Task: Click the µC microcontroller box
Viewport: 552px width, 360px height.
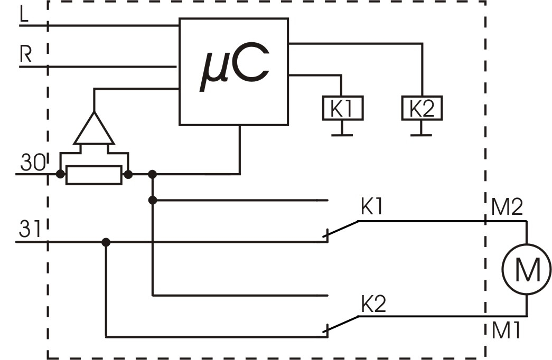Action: [x=233, y=71]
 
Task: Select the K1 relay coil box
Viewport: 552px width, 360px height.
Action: [x=342, y=109]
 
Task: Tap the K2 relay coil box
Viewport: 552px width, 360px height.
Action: [x=421, y=109]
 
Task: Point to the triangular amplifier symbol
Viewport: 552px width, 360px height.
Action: [x=93, y=130]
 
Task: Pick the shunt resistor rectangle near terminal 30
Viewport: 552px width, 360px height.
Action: [x=93, y=175]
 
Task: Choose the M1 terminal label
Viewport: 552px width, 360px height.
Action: [x=506, y=331]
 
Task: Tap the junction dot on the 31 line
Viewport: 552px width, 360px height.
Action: [x=106, y=242]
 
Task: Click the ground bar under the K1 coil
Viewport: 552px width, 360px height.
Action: [x=342, y=135]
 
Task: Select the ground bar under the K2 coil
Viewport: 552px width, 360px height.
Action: [x=420, y=135]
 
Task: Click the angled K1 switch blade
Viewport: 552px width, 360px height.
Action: [x=342, y=230]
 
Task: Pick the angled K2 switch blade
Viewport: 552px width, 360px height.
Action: [x=342, y=325]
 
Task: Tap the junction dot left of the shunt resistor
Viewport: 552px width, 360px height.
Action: [x=60, y=174]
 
